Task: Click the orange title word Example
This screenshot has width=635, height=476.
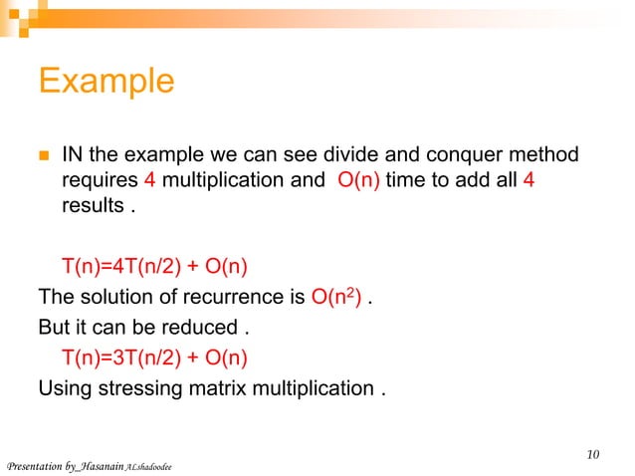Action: click(106, 81)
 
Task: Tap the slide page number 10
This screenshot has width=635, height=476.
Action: click(593, 455)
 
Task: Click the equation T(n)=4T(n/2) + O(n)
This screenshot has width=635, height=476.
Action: click(154, 266)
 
